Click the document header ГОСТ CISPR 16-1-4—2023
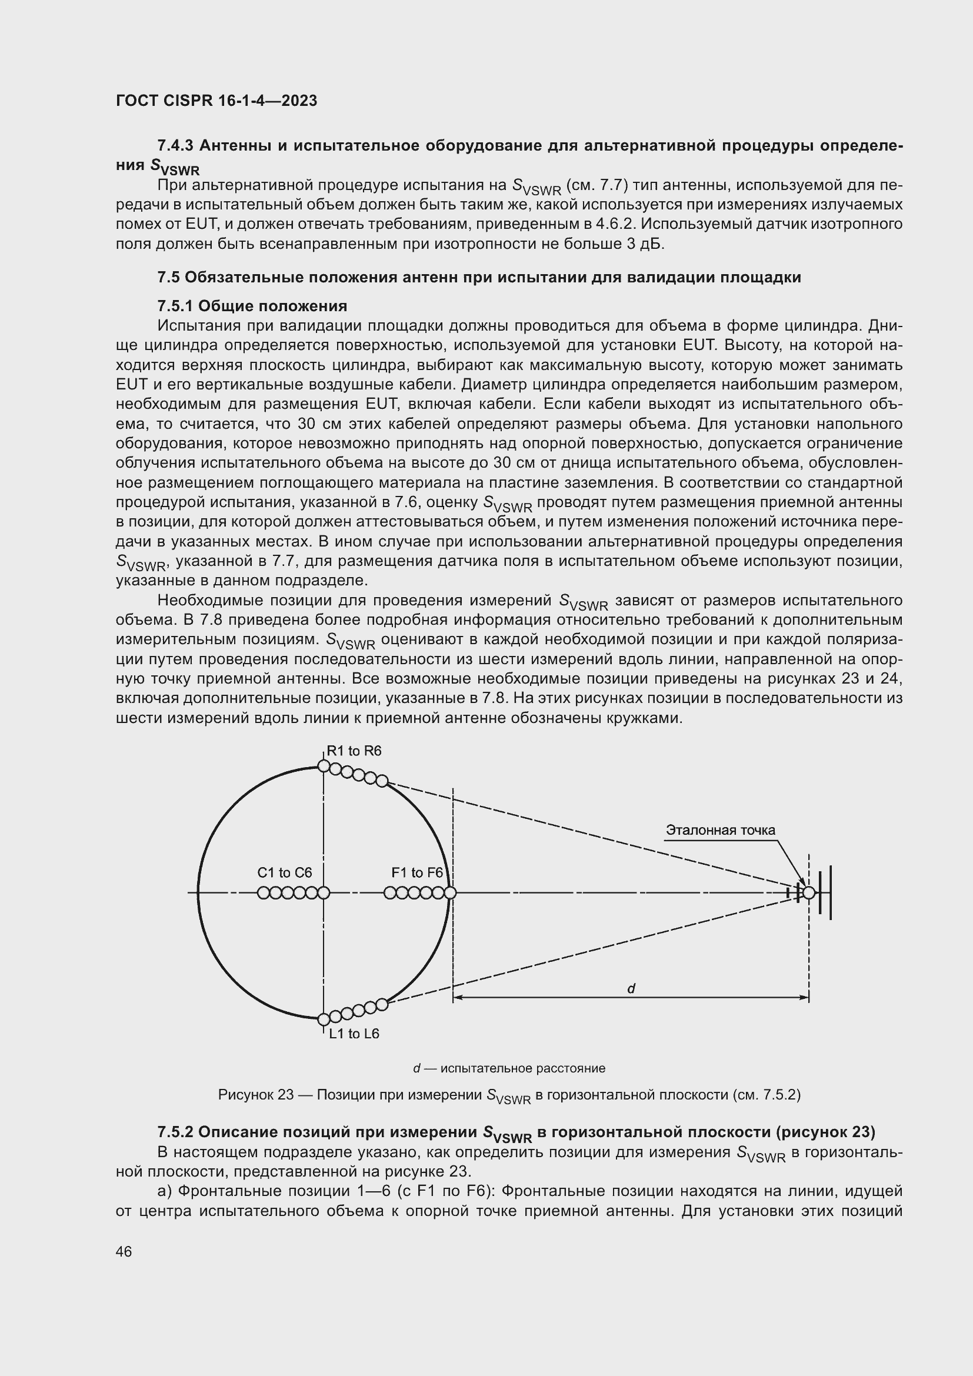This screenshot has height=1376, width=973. [x=216, y=101]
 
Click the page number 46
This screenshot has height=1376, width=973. [x=124, y=1251]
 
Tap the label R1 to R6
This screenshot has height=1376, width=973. [x=354, y=751]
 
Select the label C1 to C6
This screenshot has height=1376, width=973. [x=285, y=872]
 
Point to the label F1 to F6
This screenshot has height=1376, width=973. [x=417, y=872]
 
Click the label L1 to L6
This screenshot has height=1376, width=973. [x=354, y=1034]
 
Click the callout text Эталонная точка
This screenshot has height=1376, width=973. [x=720, y=830]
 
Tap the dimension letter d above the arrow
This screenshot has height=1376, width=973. [x=631, y=989]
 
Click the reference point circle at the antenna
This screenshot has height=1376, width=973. [x=809, y=893]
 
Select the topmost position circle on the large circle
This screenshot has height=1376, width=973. [x=324, y=766]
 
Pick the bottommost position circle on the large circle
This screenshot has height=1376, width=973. [x=324, y=1019]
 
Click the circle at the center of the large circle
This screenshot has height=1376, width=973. [x=324, y=893]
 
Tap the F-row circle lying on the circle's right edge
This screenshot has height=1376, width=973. [x=451, y=893]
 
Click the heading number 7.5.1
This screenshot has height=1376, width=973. [x=175, y=306]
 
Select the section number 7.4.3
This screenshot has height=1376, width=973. [x=175, y=146]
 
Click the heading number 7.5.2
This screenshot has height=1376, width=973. [x=175, y=1132]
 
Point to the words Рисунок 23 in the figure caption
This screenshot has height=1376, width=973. [x=255, y=1095]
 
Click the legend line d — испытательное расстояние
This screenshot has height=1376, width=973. [x=509, y=1068]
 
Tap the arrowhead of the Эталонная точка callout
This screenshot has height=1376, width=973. [x=803, y=884]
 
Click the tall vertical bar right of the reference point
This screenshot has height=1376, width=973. [x=830, y=892]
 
